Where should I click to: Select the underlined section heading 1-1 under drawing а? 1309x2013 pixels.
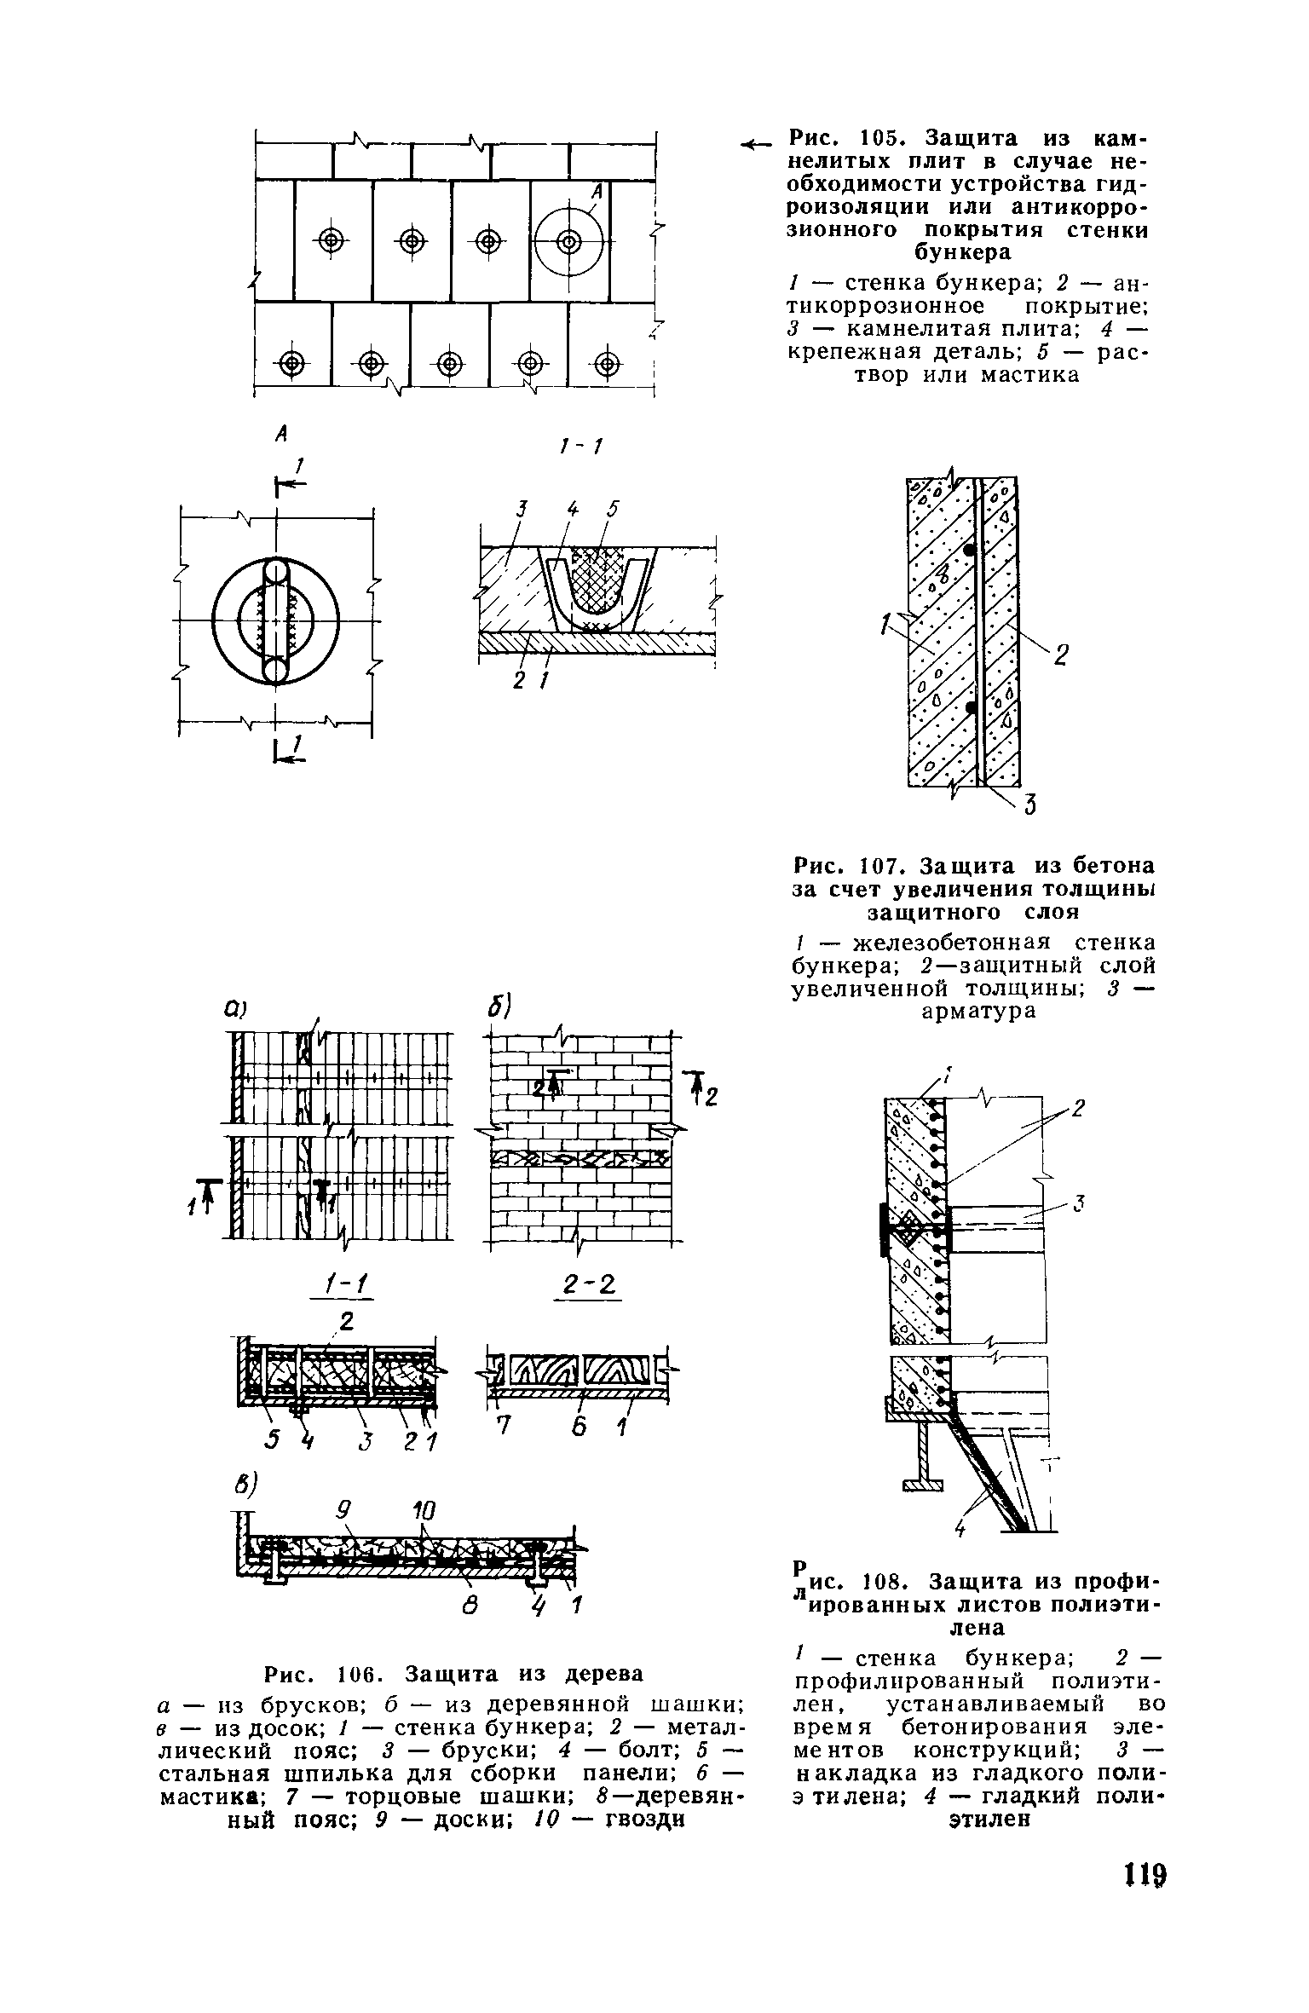[x=337, y=1285]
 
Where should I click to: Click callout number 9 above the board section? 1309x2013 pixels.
[x=343, y=1511]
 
